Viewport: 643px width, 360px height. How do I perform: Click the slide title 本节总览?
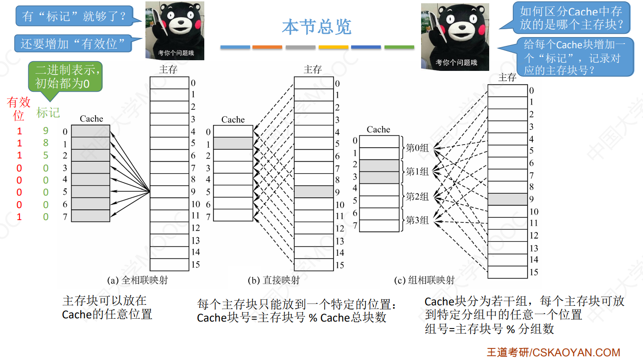pos(317,27)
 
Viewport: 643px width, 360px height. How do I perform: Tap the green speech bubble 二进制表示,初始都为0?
pos(65,77)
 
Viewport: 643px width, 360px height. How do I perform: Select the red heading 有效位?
pos(19,108)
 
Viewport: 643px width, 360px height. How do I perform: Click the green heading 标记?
pos(48,113)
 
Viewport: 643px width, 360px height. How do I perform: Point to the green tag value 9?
pos(45,131)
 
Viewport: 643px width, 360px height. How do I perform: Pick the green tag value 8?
pos(45,143)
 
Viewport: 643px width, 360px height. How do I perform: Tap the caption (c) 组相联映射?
pos(424,280)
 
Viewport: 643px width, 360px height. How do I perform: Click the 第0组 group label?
pos(417,148)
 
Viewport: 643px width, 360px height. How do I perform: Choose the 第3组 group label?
pos(417,221)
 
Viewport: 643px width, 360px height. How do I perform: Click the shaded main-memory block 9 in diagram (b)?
pos(314,192)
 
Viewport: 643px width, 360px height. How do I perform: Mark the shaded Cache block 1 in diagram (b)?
pos(233,143)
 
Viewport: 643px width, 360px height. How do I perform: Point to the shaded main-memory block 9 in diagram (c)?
pos(507,200)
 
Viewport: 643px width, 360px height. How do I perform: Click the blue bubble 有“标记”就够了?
pos(74,17)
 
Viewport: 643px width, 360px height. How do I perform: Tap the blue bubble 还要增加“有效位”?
pos(73,44)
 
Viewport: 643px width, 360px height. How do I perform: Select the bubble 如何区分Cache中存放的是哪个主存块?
pos(571,18)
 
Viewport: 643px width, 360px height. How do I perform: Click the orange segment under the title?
pos(267,47)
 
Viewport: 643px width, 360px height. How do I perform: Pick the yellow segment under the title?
pos(333,47)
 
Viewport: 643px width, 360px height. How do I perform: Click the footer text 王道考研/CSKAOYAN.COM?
pos(553,353)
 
